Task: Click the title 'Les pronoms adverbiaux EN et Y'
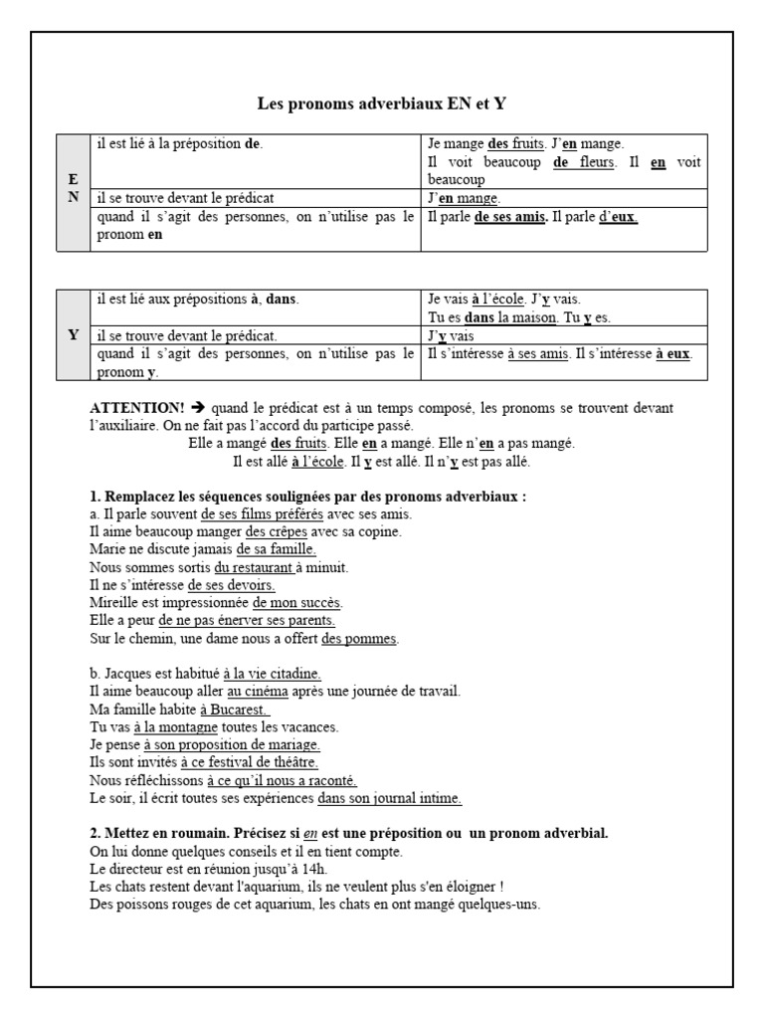[382, 103]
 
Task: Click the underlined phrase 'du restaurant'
[254, 567]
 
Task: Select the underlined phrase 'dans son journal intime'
[389, 798]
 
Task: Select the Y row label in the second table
[73, 335]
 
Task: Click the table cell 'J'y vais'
[451, 335]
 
